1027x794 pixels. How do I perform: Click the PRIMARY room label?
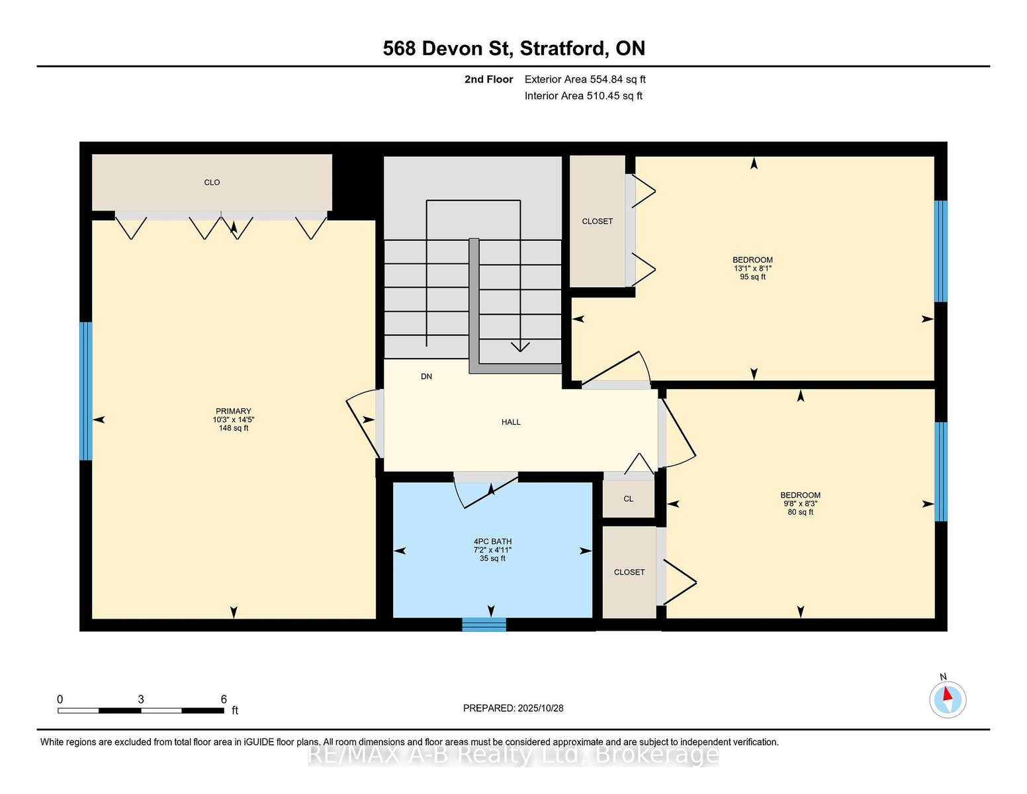(x=234, y=411)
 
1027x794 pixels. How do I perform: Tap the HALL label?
(x=511, y=422)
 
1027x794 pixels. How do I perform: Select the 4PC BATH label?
(x=492, y=541)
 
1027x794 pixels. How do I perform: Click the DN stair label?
(x=426, y=376)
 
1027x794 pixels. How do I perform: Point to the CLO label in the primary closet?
(x=212, y=183)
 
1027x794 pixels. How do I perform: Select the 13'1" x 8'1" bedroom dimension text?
(x=753, y=268)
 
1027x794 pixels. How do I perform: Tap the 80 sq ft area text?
(x=801, y=512)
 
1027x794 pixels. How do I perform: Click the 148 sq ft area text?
(x=234, y=428)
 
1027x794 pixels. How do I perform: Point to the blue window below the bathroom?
(x=484, y=625)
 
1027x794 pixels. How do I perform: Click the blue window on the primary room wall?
(x=85, y=391)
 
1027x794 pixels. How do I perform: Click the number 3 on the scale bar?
(x=141, y=699)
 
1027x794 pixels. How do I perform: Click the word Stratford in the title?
(x=562, y=48)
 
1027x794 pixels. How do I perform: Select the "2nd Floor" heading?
(x=489, y=79)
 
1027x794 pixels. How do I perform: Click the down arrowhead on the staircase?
(x=520, y=347)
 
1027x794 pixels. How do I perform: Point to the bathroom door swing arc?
(x=457, y=494)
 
